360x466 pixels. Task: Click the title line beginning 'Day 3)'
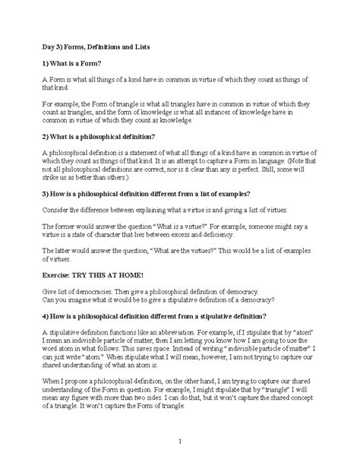click(x=96, y=47)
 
